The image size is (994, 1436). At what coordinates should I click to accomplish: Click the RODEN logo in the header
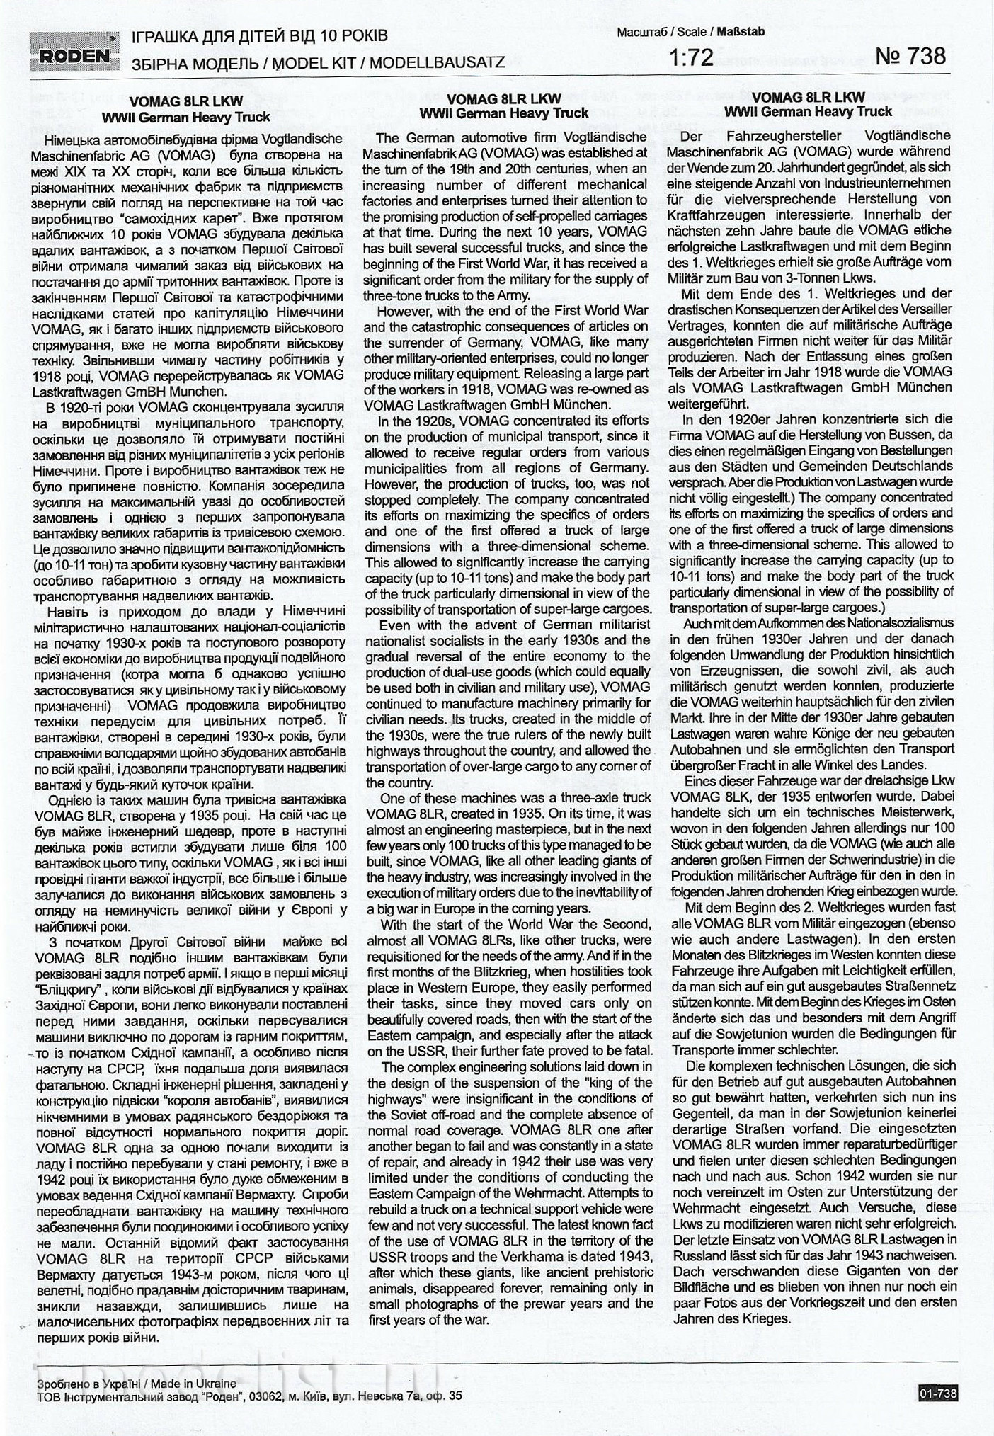point(74,49)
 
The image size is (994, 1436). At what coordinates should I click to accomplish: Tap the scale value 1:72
point(691,57)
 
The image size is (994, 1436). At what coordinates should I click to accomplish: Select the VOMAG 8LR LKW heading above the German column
point(808,97)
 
